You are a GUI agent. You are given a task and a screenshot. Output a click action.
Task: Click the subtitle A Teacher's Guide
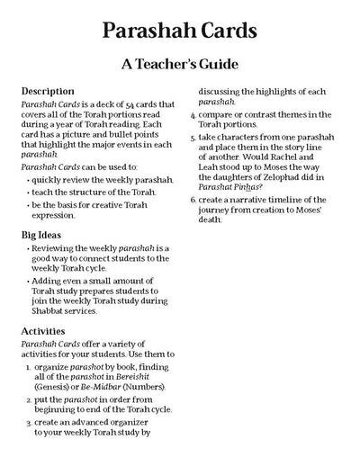pos(180,65)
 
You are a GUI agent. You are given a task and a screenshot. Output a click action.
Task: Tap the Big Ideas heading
pos(45,234)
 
